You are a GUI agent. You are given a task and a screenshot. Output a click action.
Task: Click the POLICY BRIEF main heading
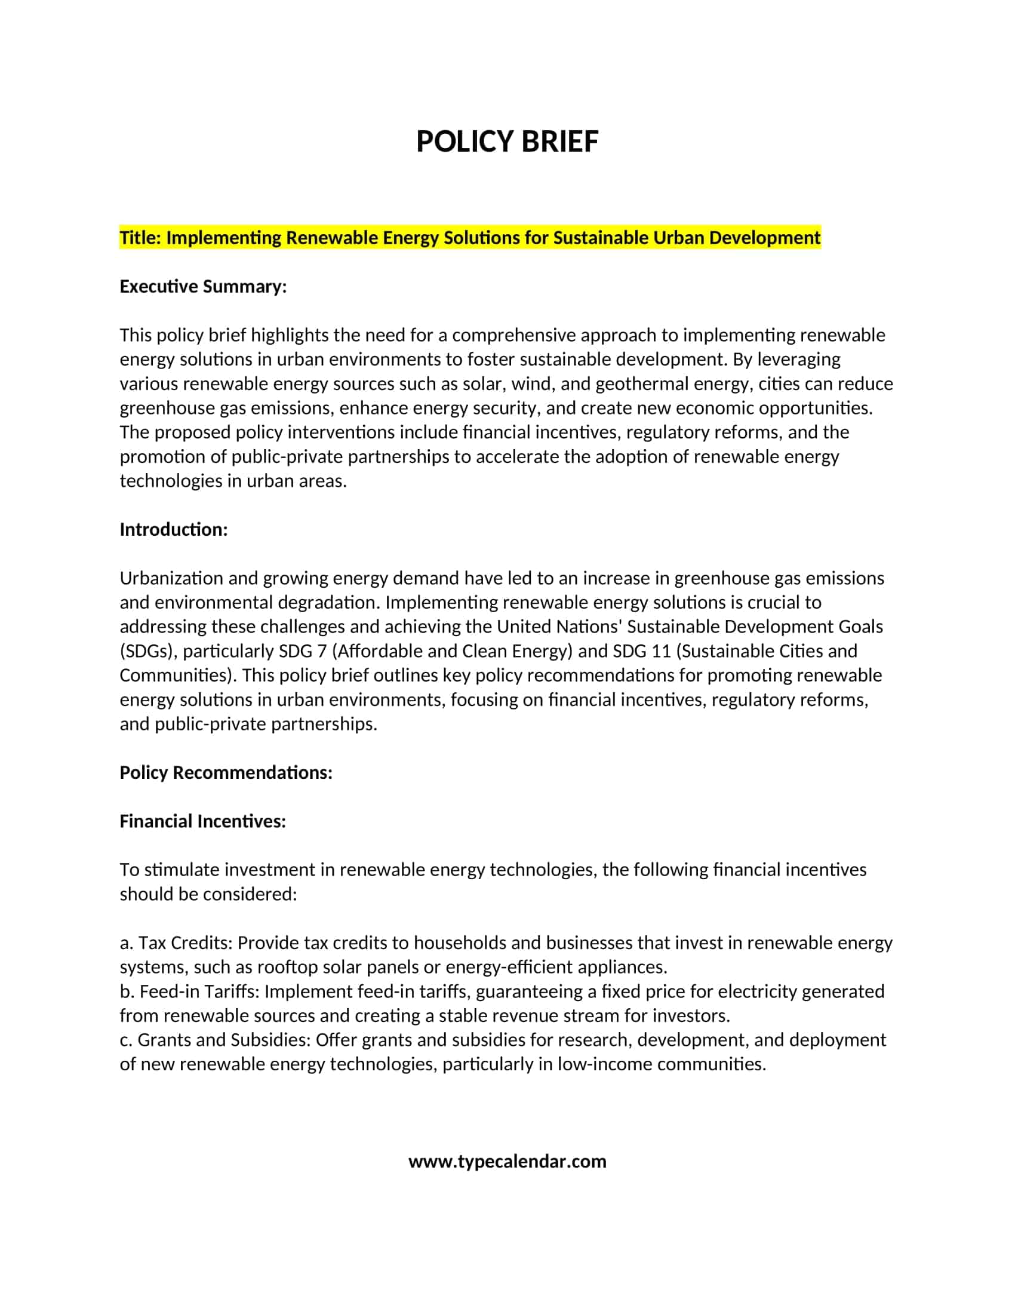pos(507,142)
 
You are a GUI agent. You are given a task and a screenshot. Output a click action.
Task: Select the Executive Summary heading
pos(202,286)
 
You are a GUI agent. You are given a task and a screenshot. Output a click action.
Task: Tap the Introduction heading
pos(173,529)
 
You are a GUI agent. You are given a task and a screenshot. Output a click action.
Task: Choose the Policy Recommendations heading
pos(226,772)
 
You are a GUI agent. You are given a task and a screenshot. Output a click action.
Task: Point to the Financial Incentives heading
pos(202,821)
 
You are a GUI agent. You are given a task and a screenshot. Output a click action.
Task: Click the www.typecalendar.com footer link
pos(507,1161)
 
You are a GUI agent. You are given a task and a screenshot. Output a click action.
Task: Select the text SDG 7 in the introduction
pos(303,651)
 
